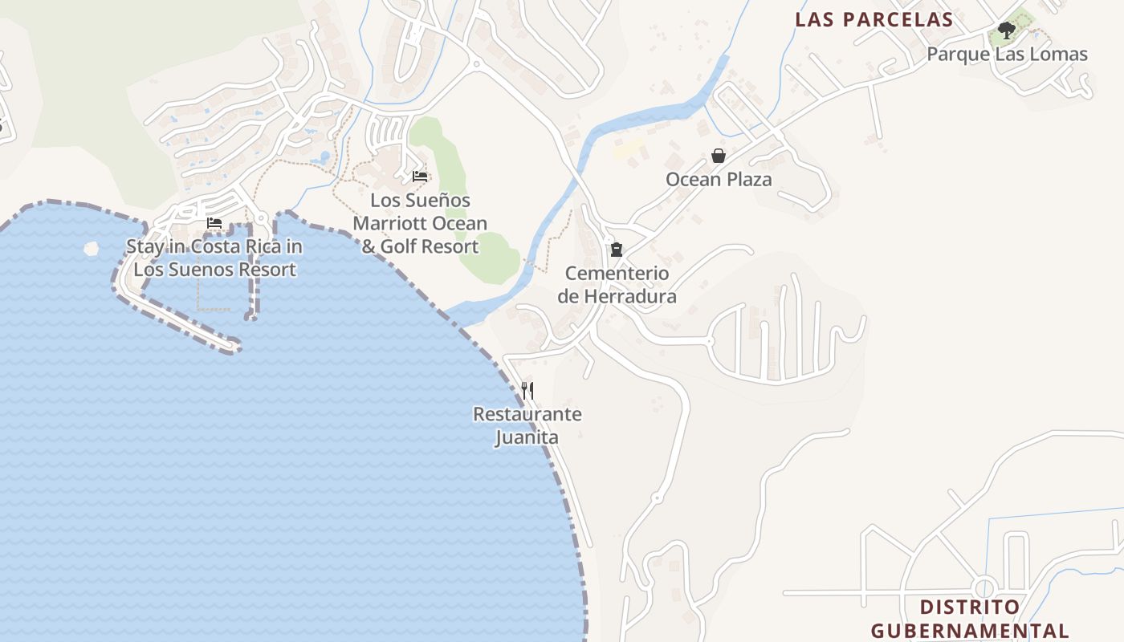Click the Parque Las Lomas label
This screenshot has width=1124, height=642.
click(1007, 55)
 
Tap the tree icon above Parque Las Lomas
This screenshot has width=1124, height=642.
click(1007, 31)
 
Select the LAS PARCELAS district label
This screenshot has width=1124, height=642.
click(874, 19)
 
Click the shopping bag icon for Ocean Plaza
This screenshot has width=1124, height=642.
click(719, 156)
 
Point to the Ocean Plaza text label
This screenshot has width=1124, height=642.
click(719, 179)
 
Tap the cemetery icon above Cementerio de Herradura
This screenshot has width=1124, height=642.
click(617, 250)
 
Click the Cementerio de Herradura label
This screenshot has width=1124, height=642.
click(617, 285)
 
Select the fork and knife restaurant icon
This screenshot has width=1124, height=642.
click(527, 391)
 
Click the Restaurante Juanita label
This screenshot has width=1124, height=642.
click(527, 426)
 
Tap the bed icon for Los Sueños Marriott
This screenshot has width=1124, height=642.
click(420, 177)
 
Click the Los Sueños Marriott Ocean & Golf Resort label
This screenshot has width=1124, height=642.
click(420, 223)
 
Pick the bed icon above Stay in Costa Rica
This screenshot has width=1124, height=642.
click(214, 223)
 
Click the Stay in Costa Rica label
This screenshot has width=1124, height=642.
click(214, 258)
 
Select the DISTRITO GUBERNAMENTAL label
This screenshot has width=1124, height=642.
click(970, 619)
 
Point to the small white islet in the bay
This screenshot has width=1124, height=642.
click(92, 248)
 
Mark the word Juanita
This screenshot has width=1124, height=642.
click(527, 438)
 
